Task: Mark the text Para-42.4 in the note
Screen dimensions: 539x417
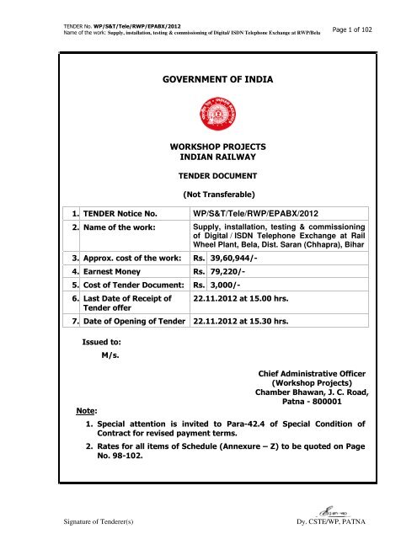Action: click(270, 424)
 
